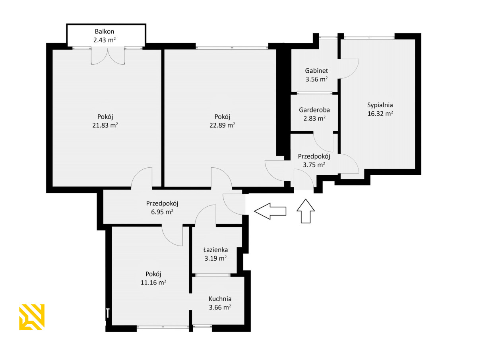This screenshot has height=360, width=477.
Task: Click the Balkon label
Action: [104, 31]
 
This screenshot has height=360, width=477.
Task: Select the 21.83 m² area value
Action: [105, 125]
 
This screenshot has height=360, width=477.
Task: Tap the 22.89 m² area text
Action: [222, 125]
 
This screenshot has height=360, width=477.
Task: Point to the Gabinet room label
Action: [316, 71]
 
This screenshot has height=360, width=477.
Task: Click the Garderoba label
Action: [314, 110]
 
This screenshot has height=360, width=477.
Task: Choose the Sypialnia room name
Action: [380, 105]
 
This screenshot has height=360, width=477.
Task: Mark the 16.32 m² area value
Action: [380, 114]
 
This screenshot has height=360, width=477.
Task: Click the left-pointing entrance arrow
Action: [270, 211]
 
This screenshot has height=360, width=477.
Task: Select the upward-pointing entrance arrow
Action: [306, 211]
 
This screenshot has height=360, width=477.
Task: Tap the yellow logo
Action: [32, 317]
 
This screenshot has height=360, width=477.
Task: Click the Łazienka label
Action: [215, 250]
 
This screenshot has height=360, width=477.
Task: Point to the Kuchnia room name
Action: [220, 299]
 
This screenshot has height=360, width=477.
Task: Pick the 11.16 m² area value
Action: [153, 283]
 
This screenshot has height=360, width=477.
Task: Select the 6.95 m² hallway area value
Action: [162, 212]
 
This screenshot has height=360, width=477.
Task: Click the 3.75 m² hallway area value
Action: [314, 165]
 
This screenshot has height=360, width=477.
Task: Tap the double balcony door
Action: [108, 56]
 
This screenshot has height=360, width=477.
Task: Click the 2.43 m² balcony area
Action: [104, 40]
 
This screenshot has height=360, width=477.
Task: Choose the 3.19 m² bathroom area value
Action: [215, 258]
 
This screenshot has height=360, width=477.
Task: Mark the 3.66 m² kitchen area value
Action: [220, 307]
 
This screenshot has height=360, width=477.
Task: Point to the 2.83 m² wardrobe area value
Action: [314, 118]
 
